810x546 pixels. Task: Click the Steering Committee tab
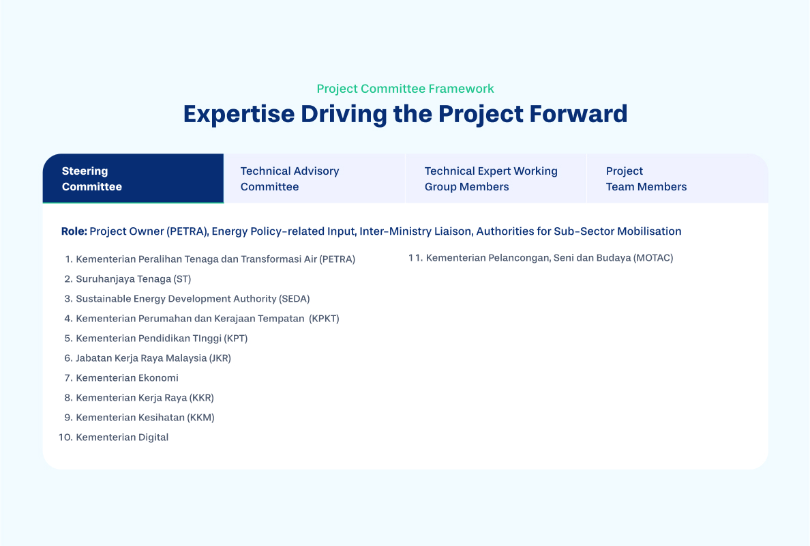point(133,178)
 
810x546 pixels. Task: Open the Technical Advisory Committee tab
point(314,178)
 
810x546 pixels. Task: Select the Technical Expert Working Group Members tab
point(496,178)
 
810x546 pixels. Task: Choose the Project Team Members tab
point(677,178)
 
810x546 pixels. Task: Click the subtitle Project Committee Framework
point(406,89)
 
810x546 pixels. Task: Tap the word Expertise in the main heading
point(239,114)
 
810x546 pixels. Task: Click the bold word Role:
point(74,231)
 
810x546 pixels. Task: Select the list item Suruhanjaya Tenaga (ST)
point(133,279)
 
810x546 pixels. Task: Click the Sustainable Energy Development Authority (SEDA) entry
point(193,299)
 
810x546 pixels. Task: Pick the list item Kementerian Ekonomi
point(127,378)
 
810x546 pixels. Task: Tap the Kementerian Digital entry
point(122,437)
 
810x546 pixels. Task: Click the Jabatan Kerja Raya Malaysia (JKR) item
point(153,358)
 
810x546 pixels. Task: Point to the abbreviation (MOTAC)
point(653,258)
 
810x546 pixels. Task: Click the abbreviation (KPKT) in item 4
point(325,319)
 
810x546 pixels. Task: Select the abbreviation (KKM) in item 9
point(201,418)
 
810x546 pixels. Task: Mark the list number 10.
point(65,437)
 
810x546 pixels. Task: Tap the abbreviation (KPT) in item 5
point(235,339)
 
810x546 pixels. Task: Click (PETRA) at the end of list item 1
point(337,259)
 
